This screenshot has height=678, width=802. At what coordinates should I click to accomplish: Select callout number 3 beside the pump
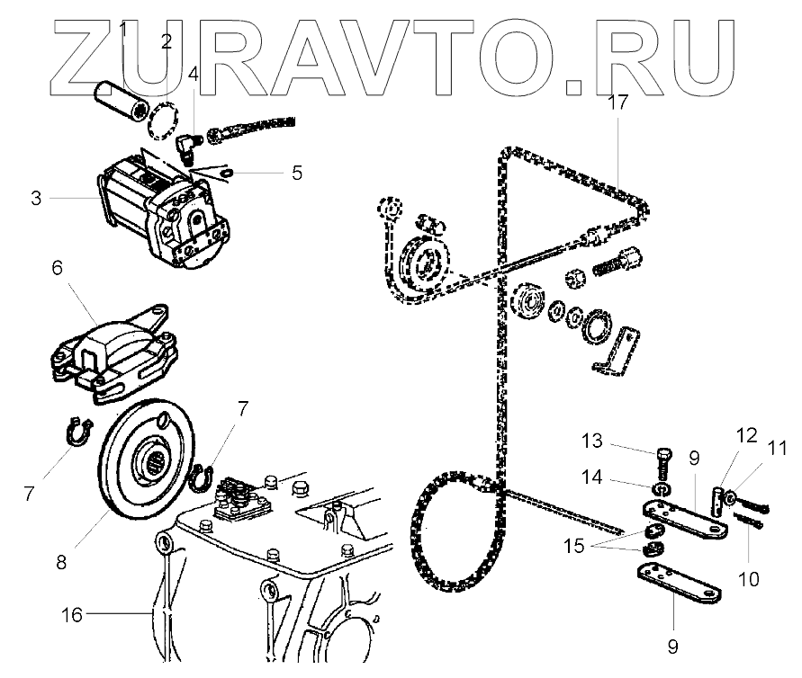pos(37,198)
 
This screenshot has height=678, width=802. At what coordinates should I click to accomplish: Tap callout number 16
pos(71,615)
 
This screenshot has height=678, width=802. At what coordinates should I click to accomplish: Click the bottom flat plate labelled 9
pos(679,584)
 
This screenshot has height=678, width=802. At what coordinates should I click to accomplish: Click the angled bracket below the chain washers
pos(618,351)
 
